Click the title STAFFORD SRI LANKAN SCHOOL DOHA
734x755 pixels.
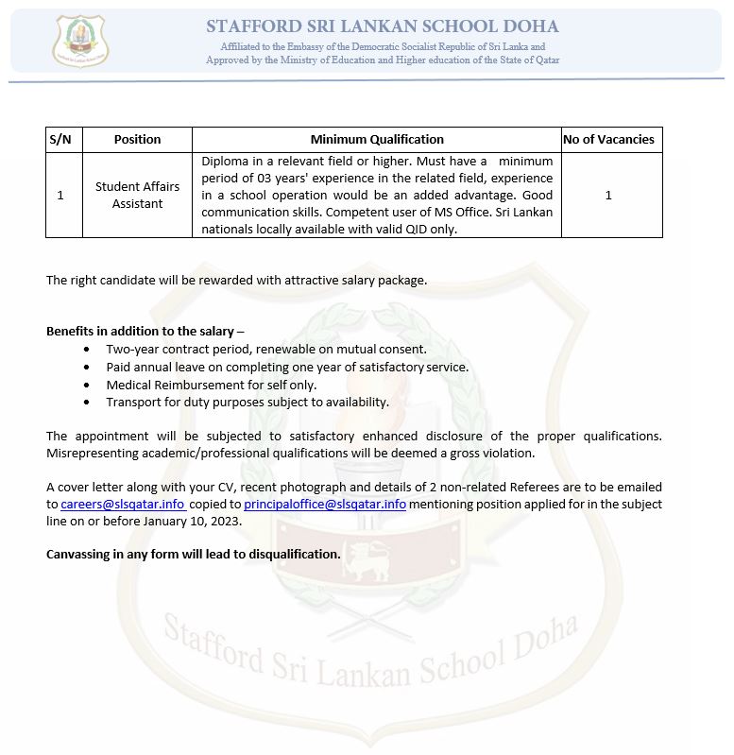383,26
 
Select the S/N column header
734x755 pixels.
60,139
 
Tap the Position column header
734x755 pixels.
137,139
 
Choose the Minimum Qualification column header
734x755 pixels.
377,139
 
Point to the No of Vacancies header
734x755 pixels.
608,139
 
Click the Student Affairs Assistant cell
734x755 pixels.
137,195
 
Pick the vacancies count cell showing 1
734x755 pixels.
608,195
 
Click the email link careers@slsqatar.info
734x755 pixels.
123,505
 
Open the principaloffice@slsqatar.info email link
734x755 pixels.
325,505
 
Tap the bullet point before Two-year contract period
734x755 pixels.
87,350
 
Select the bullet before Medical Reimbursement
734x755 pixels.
87,385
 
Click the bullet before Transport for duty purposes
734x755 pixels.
87,403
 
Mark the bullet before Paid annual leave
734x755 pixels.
87,368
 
